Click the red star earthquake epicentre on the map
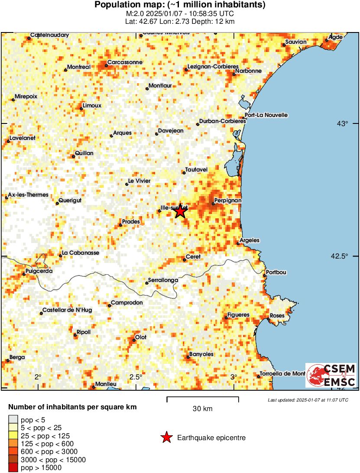pos(180,212)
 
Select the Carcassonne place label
pos(125,62)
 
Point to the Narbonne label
pos(249,71)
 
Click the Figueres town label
pos(239,314)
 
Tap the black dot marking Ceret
pos(184,260)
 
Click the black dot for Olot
pos(134,340)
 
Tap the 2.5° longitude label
pos(136,376)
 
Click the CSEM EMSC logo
pos(331,375)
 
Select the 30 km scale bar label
pos(202,408)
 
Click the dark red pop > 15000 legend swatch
pos(13,467)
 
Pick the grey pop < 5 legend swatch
pos(13,419)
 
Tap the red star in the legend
pos(166,438)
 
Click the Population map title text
pos(180,5)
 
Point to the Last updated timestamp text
pos(308,400)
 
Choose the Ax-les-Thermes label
pos(28,195)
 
